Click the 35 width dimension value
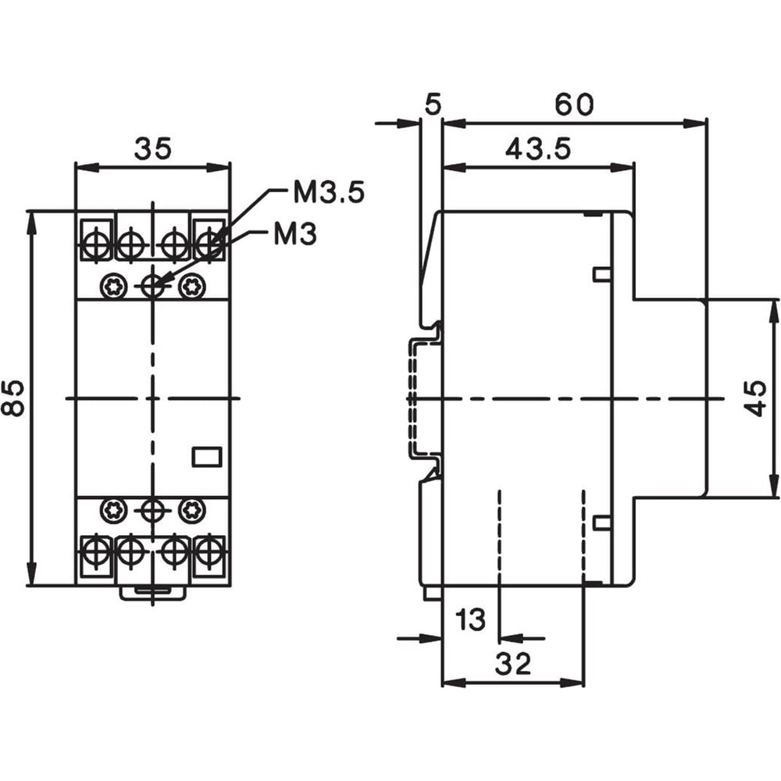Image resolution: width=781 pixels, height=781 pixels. (152, 148)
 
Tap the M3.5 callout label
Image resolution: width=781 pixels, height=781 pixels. (329, 192)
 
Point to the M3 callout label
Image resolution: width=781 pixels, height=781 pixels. (295, 234)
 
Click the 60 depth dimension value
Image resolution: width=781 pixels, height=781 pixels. (574, 104)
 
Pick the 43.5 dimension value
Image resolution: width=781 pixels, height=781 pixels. (538, 148)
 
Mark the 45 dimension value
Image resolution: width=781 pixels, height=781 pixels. (755, 398)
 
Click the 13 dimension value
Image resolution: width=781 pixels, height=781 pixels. (470, 619)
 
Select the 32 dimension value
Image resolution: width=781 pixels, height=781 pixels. (513, 663)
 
